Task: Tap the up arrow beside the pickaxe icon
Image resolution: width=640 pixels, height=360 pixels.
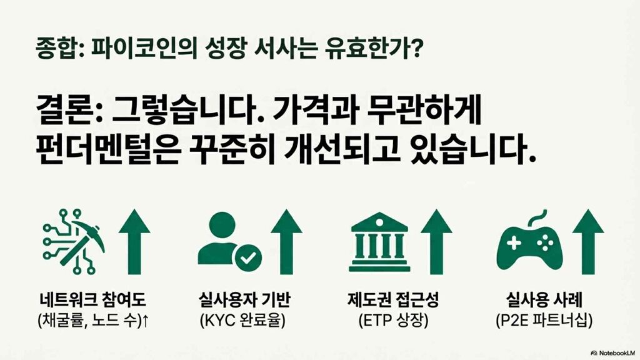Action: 134,242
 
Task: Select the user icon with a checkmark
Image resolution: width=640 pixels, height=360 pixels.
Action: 229,241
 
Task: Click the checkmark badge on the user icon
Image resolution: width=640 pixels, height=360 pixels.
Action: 247,257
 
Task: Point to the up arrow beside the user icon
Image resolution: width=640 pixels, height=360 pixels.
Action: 286,242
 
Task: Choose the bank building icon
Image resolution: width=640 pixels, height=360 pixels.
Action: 379,242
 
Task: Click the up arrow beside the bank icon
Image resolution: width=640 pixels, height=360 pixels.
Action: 436,242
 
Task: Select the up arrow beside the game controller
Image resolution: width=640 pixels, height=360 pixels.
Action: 587,242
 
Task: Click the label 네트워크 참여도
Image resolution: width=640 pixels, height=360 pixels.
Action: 92,299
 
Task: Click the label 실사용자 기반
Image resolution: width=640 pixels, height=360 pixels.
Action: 244,299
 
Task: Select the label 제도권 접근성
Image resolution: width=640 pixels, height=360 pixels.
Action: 393,299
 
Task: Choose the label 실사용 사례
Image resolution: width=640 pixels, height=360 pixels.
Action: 544,299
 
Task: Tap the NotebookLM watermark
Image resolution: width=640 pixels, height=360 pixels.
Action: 612,352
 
